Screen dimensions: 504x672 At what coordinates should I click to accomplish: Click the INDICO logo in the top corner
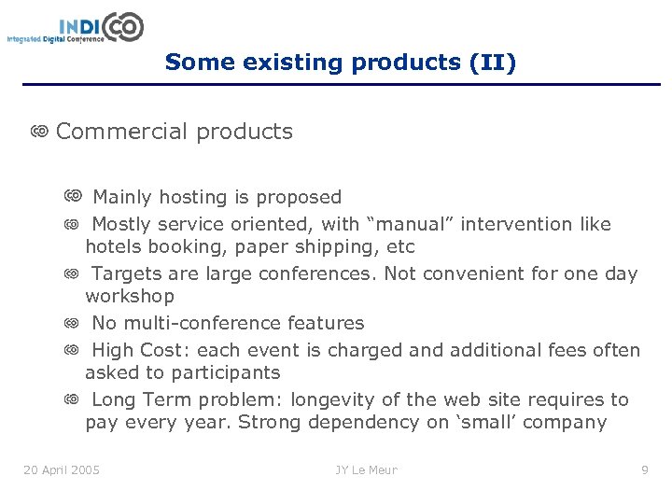[x=76, y=27]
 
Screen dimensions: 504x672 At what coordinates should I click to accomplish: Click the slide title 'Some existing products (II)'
[x=340, y=63]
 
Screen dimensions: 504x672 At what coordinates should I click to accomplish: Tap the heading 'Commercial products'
[x=175, y=132]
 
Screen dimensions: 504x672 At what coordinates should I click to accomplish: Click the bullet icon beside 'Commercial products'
[x=39, y=132]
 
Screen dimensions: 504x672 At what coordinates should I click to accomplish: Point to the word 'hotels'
[x=113, y=247]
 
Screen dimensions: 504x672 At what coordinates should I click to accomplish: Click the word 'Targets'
[x=125, y=273]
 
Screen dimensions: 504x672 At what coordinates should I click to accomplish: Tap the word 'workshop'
[x=130, y=297]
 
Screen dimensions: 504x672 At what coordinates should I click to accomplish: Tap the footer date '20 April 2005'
[x=62, y=469]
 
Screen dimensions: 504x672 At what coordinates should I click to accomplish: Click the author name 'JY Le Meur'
[x=367, y=469]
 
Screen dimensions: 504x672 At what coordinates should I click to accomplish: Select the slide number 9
[x=644, y=469]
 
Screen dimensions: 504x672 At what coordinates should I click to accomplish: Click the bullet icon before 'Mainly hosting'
[x=72, y=196]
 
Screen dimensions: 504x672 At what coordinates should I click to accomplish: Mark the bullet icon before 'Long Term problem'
[x=72, y=399]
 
